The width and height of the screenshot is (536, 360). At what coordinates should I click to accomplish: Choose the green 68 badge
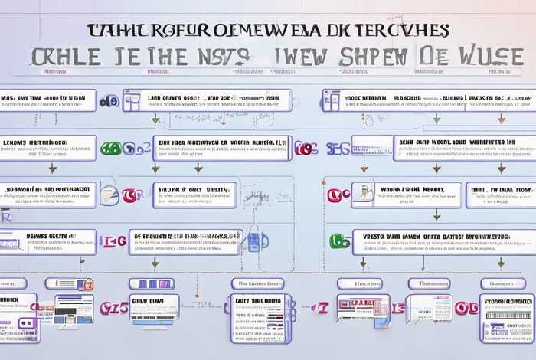click(111, 148)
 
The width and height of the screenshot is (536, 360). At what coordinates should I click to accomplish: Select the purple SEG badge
click(337, 148)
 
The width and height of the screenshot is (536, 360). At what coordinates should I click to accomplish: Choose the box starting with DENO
click(463, 147)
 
